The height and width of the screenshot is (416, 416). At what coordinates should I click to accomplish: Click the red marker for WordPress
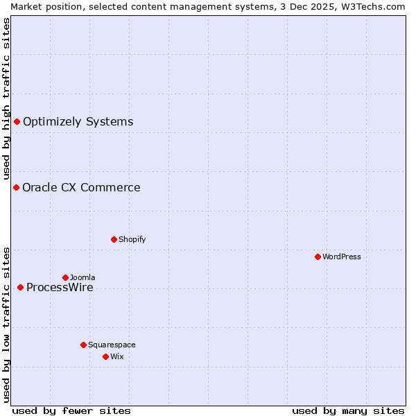click(x=318, y=257)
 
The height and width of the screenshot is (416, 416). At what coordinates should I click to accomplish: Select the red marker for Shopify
click(x=114, y=239)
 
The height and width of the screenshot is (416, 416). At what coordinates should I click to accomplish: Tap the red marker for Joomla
click(x=65, y=277)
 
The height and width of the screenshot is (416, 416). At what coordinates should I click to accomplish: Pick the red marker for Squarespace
click(x=83, y=345)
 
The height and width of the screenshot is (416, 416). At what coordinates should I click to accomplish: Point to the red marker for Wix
click(x=105, y=356)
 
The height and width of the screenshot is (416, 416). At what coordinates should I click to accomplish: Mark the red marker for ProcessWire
click(x=20, y=287)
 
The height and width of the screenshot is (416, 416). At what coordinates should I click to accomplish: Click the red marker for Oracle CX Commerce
click(x=16, y=187)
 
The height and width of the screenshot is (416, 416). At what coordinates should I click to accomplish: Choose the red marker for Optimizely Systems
click(x=17, y=122)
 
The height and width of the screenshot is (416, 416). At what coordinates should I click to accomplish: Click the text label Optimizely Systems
click(x=78, y=122)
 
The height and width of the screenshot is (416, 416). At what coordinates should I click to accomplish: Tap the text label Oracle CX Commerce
click(x=81, y=187)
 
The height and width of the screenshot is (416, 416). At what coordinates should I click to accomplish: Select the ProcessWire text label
click(x=60, y=288)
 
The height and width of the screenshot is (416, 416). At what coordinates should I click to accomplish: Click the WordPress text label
click(x=342, y=257)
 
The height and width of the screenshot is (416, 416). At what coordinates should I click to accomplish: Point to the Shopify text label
click(x=132, y=239)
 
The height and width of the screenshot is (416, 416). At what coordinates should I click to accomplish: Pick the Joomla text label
click(x=83, y=277)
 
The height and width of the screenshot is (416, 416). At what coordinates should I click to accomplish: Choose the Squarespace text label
click(x=112, y=345)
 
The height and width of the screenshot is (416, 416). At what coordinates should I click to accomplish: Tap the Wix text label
click(x=116, y=356)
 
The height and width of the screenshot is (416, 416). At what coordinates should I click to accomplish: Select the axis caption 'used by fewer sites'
click(x=71, y=410)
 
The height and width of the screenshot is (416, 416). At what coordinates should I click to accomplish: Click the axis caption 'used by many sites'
click(x=348, y=410)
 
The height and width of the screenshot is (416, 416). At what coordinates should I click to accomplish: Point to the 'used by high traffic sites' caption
click(x=6, y=98)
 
